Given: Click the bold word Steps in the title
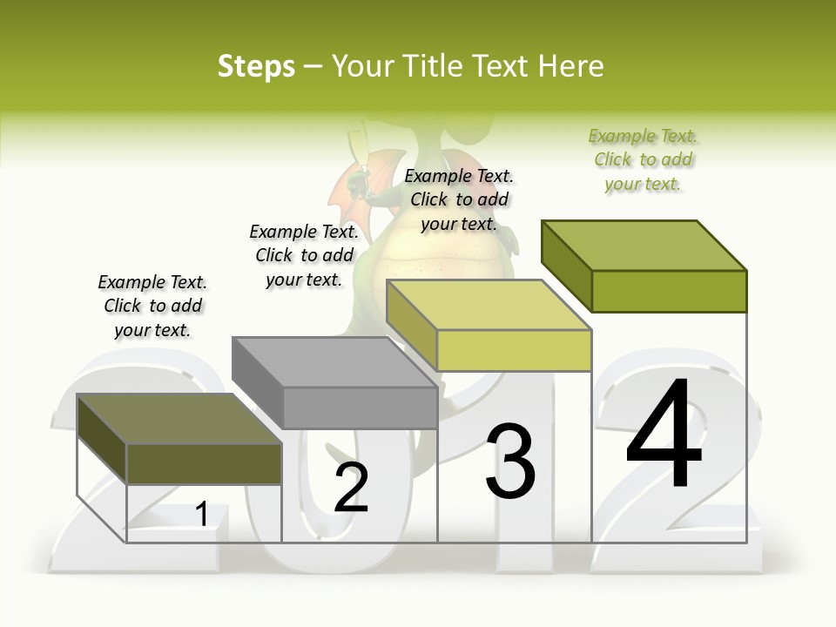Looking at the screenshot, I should click(256, 66).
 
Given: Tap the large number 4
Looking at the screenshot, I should click(664, 435).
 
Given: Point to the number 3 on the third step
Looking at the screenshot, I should click(510, 462).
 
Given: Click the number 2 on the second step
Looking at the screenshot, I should click(351, 488).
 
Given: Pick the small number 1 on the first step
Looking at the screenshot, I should click(202, 514).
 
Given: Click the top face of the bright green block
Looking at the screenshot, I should click(644, 245).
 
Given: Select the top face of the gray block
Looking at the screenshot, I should click(335, 361).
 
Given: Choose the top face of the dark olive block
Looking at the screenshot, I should click(179, 419).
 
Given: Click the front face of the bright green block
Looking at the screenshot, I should click(669, 291).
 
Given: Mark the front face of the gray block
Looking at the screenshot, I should click(361, 408).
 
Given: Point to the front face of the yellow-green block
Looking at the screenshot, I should click(514, 350).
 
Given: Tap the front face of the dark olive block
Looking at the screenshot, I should click(204, 463).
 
